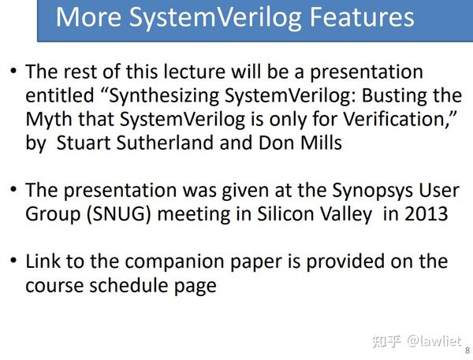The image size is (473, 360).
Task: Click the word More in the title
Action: (89, 17)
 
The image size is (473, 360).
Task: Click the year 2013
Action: (426, 215)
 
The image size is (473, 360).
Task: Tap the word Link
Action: (43, 262)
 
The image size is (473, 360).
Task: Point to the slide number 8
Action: (467, 351)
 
